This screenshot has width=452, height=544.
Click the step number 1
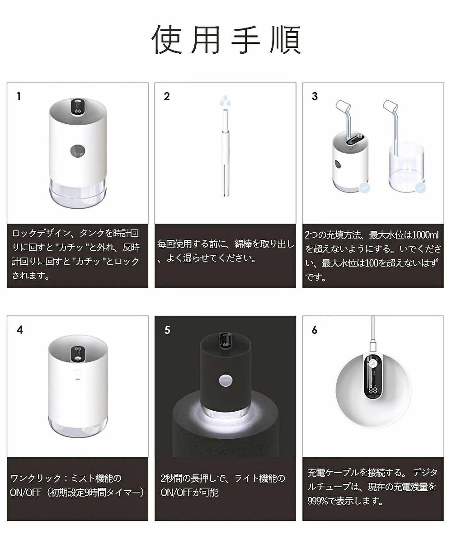[x=19, y=97]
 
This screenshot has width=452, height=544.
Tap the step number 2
[x=167, y=96]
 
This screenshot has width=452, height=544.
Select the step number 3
[x=315, y=96]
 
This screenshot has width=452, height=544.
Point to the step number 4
[x=20, y=330]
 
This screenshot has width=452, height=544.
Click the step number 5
[x=167, y=330]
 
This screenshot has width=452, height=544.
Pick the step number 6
[x=315, y=330]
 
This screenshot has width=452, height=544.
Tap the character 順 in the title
[x=286, y=40]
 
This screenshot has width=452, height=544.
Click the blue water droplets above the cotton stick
[x=225, y=100]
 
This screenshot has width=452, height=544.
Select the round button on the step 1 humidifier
[x=78, y=150]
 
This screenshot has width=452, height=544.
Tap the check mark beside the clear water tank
[x=420, y=188]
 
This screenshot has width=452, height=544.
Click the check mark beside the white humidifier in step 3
[x=364, y=188]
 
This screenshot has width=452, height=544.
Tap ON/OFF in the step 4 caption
[x=26, y=492]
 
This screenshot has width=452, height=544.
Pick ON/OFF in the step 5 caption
[x=176, y=492]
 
